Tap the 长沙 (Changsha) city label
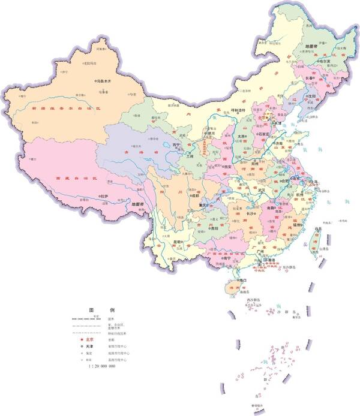[251, 213]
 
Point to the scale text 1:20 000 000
[101, 366]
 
